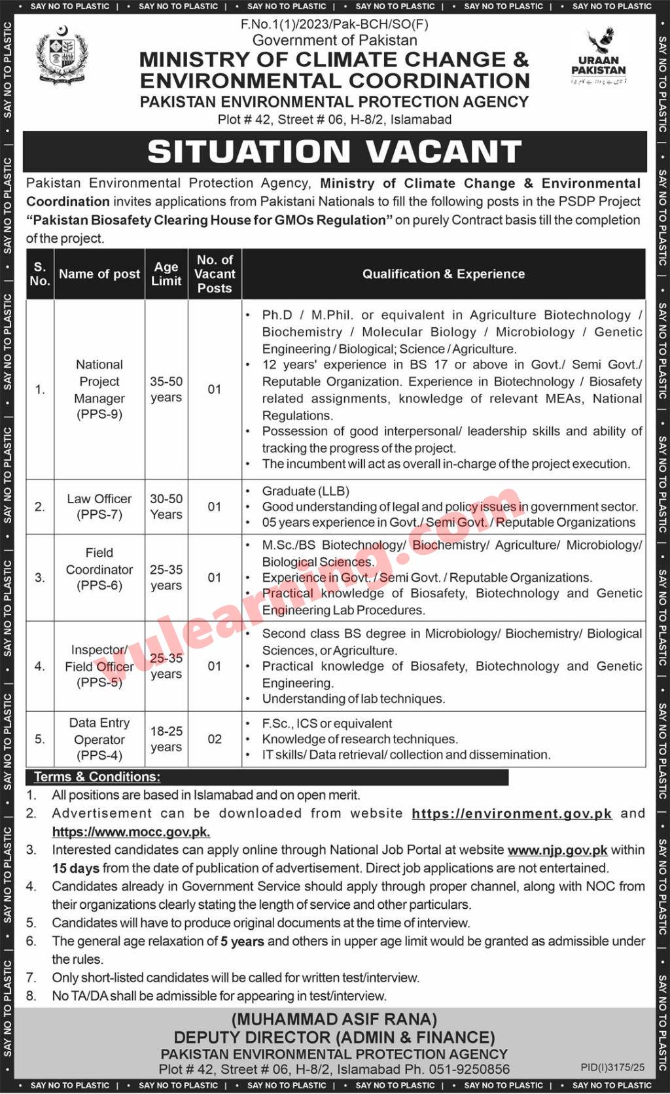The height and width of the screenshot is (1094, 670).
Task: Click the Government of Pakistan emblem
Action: pos(62,56)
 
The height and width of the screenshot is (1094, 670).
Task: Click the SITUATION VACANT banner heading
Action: pos(334,152)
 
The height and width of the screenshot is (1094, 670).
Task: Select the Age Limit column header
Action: pos(166,274)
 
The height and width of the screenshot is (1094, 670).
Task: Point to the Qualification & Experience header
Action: pos(444,274)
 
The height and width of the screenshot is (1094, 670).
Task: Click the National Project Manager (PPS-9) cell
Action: pos(99,389)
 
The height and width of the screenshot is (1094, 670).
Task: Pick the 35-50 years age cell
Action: pos(166,389)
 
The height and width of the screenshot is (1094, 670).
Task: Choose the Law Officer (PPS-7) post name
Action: pos(99,506)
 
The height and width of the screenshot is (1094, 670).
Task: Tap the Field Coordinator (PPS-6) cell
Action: pos(99,569)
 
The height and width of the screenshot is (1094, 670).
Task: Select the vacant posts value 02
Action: pos(215,739)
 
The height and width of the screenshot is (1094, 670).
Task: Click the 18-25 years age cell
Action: pos(166,739)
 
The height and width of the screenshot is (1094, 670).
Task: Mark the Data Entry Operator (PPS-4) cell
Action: pos(99,739)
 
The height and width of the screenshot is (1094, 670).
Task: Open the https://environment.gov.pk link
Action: pos(512,813)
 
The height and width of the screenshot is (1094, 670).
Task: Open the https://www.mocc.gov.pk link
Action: pos(131,832)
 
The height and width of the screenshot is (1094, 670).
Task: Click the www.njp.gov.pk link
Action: pos(557,850)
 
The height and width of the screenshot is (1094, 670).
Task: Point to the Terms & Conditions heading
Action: pos(97,777)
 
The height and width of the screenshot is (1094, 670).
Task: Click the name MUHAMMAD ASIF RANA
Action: pos(334,1019)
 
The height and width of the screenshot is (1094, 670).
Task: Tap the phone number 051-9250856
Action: pos(469,1069)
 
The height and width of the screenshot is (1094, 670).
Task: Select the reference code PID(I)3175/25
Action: pos(612,1067)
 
